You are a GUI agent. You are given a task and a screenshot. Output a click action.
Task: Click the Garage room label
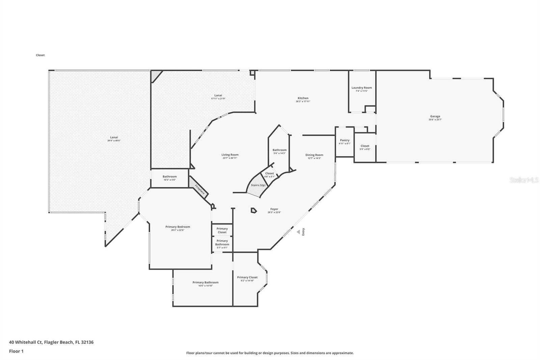click(x=435, y=117)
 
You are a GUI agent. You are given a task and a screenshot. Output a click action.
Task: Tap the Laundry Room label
click(x=361, y=88)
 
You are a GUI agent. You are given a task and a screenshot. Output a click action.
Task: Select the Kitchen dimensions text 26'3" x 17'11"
click(x=303, y=101)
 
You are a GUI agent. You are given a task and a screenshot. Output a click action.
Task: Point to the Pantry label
click(x=345, y=140)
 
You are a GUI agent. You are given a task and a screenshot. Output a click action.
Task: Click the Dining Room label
click(x=314, y=155)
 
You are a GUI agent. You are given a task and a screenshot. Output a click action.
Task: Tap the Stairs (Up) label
click(x=258, y=185)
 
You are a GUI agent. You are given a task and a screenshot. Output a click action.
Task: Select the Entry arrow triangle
click(x=298, y=232)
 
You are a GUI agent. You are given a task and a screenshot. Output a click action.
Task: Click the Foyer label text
click(x=274, y=209)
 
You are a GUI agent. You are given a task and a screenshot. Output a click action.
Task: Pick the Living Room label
click(x=230, y=155)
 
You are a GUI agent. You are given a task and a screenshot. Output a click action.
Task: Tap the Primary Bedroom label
click(x=178, y=227)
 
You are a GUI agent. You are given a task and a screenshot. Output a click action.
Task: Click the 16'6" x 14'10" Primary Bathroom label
click(x=205, y=286)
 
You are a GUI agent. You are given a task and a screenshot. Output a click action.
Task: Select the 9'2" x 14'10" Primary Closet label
click(x=247, y=281)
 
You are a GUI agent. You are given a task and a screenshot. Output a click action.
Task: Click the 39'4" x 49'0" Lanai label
click(x=114, y=140)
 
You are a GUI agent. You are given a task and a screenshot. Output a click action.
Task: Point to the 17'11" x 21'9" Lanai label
click(x=218, y=99)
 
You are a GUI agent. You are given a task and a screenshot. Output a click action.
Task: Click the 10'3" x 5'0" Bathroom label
click(x=169, y=180)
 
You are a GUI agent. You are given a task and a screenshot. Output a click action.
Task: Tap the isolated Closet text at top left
click(x=40, y=55)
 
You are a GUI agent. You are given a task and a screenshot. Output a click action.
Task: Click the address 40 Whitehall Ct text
click(x=51, y=342)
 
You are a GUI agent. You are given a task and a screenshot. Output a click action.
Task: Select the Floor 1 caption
click(x=16, y=351)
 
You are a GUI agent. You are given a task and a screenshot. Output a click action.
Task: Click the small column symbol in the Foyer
click(x=253, y=210)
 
